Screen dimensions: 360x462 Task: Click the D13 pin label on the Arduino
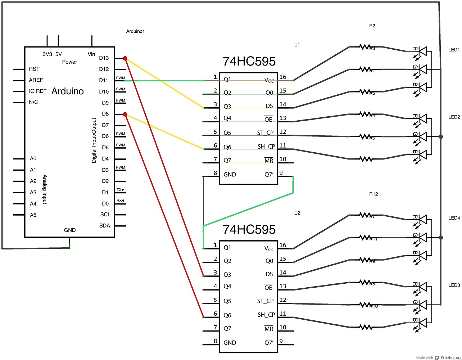pyautogui.click(x=104, y=58)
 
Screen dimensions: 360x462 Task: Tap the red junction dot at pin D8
pyautogui.click(x=125, y=114)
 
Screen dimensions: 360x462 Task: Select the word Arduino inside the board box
pyautogui.click(x=67, y=91)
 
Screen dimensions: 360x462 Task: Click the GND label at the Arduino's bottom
pyautogui.click(x=70, y=230)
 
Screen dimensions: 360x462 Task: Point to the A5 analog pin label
pyautogui.click(x=33, y=215)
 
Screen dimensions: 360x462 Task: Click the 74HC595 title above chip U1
pyautogui.click(x=249, y=62)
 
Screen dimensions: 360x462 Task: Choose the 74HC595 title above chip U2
pyautogui.click(x=249, y=230)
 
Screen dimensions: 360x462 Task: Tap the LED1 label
pyautogui.click(x=454, y=50)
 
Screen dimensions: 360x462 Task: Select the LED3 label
pyautogui.click(x=454, y=285)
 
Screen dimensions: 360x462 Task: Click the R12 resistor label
pyautogui.click(x=373, y=194)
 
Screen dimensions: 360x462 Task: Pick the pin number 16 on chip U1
pyautogui.click(x=283, y=77)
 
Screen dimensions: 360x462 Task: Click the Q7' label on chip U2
pyautogui.click(x=269, y=343)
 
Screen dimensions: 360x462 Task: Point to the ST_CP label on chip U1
pyautogui.click(x=266, y=133)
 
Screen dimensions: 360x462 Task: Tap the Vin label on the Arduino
pyautogui.click(x=91, y=54)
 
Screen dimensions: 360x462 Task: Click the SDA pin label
pyautogui.click(x=105, y=226)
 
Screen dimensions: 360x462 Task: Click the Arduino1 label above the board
pyautogui.click(x=135, y=31)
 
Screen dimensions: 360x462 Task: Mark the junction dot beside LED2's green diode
pyautogui.click(x=441, y=137)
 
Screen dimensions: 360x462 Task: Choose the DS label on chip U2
pyautogui.click(x=269, y=274)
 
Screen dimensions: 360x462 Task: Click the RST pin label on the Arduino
pyautogui.click(x=34, y=69)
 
